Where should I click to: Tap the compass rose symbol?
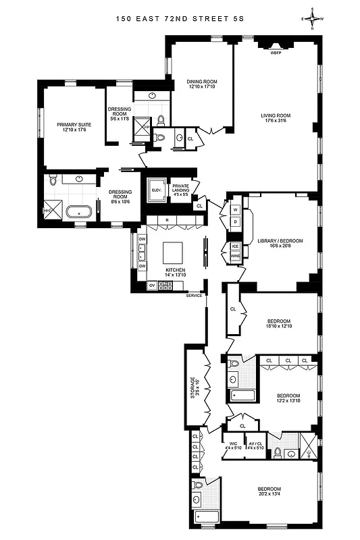(x=313, y=19)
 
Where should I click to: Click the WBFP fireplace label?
(x=276, y=52)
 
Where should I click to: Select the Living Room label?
(x=274, y=117)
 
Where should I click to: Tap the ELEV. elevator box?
(x=156, y=190)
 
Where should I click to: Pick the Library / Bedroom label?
(x=280, y=243)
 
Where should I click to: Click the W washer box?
(x=236, y=209)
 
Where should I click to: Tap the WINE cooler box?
(x=236, y=257)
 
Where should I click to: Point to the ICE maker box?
(x=236, y=246)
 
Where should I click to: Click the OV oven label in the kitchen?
(x=151, y=286)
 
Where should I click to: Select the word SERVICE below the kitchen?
(x=195, y=296)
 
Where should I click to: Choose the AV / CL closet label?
(x=255, y=446)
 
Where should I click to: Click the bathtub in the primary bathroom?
(x=82, y=212)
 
